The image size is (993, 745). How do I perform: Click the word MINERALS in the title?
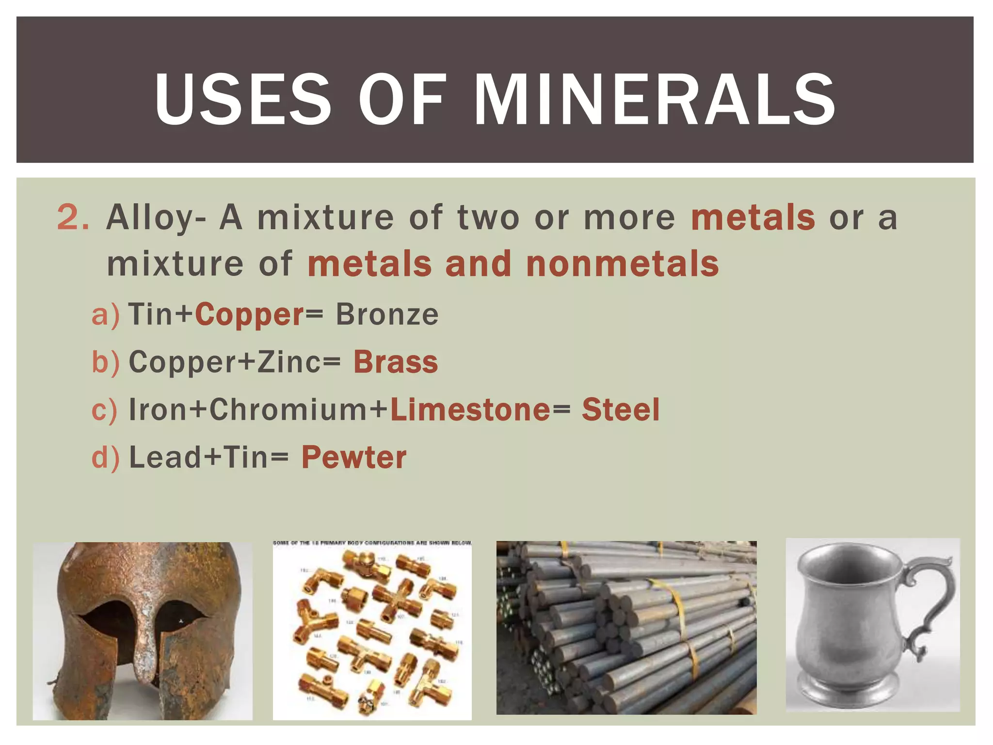point(654,99)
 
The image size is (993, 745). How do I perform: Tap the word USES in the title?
point(242,99)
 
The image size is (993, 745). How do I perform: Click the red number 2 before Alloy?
point(73,218)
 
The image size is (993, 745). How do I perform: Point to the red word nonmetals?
point(622,264)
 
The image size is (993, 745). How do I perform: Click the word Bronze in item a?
point(387,315)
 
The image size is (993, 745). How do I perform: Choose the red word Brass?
point(396,362)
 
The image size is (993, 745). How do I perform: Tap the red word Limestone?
point(470,410)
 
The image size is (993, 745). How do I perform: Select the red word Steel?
point(621,410)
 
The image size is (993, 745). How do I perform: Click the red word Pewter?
point(354,457)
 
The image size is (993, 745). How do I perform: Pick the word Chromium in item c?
point(289,410)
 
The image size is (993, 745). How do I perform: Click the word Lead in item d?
point(165,457)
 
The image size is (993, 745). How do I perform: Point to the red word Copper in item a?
point(250,315)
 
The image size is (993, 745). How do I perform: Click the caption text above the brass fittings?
point(372,543)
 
